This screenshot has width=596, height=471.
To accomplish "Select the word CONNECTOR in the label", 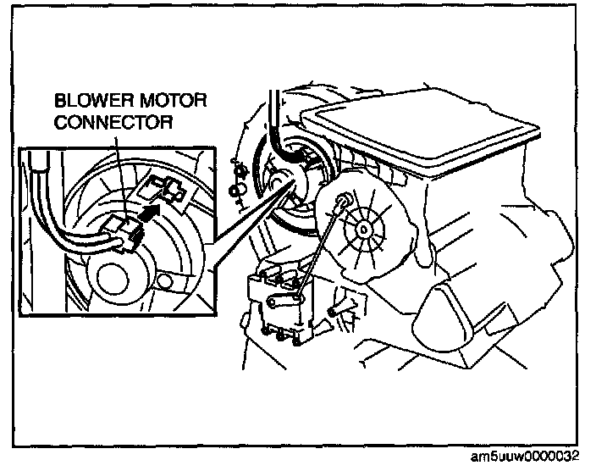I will pyautogui.click(x=114, y=123).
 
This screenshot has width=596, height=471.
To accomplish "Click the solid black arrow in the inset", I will pyautogui.click(x=150, y=213).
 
